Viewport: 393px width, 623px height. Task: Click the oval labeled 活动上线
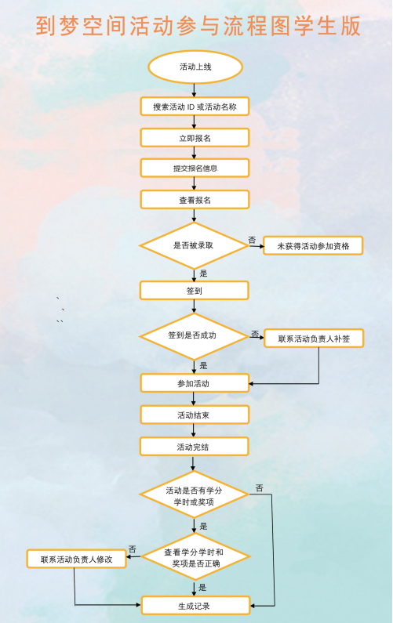tap(195, 67)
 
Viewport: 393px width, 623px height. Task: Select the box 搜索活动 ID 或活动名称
tap(195, 107)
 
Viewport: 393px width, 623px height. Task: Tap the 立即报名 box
tap(195, 138)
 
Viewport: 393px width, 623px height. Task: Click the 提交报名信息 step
tap(195, 168)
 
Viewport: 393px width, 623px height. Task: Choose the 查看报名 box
tap(195, 200)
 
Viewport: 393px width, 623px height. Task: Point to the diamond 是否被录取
tap(194, 245)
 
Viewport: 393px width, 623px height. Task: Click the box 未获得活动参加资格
tap(313, 246)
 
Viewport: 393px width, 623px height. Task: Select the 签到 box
tap(194, 291)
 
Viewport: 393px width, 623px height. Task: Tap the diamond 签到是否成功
tap(194, 336)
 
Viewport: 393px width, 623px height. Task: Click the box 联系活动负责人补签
tap(314, 339)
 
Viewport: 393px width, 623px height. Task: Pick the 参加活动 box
tap(195, 383)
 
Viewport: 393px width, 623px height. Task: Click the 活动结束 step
tap(195, 415)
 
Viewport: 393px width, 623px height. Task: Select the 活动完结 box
tap(194, 447)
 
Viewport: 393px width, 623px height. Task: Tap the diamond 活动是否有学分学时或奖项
tap(194, 495)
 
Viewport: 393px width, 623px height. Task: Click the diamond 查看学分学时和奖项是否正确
tap(195, 556)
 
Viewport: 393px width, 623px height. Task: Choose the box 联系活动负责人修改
tap(76, 559)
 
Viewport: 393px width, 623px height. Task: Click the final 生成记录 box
tap(195, 606)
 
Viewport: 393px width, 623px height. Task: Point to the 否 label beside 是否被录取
tap(252, 240)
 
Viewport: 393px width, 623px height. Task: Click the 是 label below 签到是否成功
tap(203, 365)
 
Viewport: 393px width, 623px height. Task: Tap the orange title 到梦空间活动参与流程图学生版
tap(198, 26)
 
